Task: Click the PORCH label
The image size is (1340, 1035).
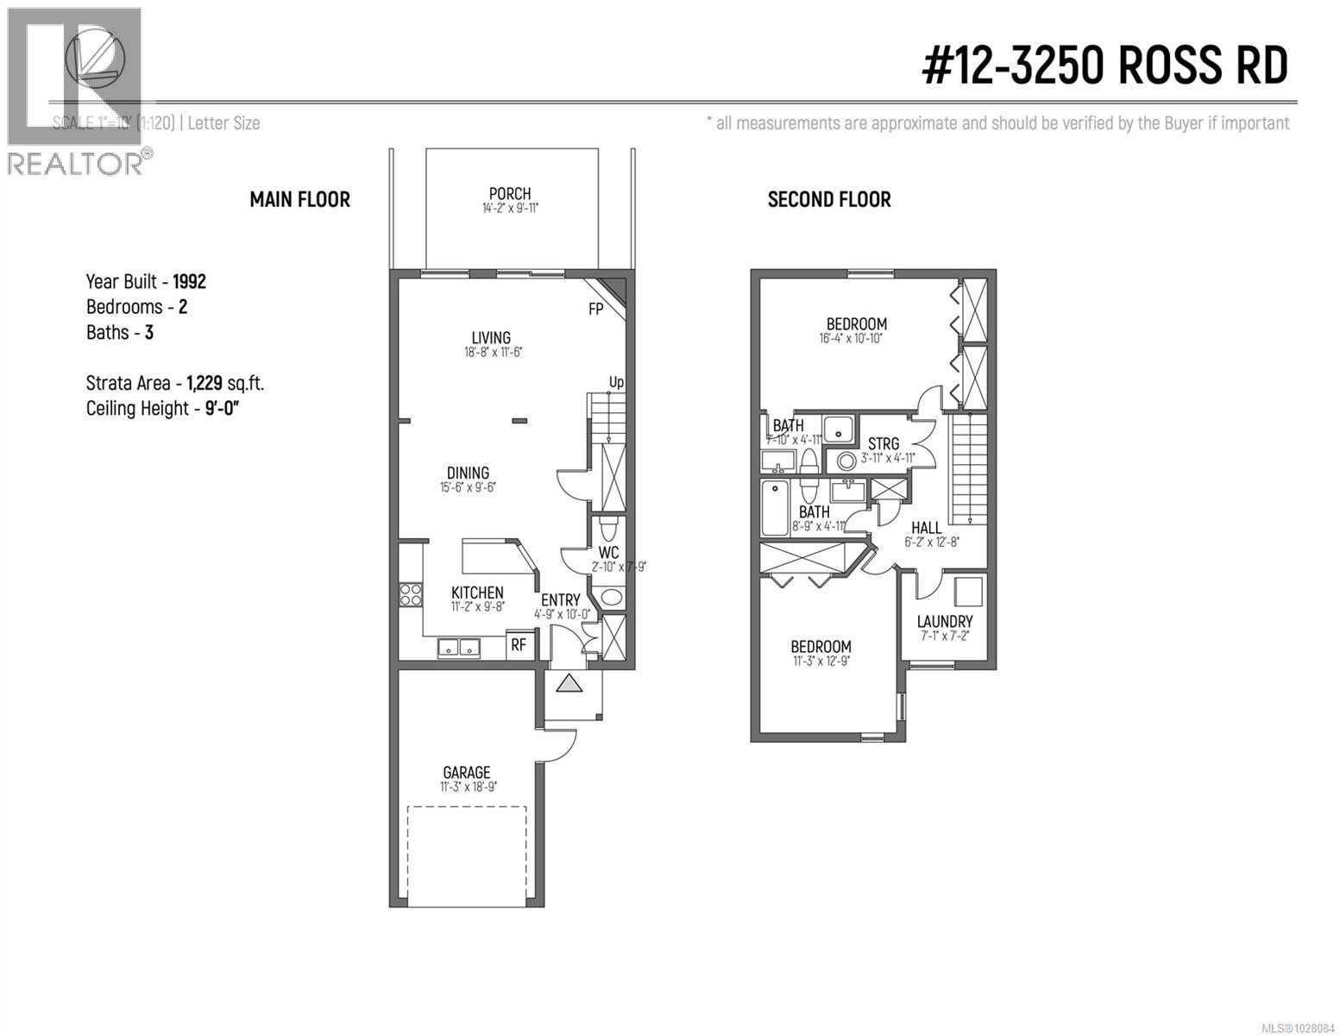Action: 510,194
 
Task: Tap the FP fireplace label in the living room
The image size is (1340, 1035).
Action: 595,309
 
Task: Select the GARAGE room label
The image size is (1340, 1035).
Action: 467,773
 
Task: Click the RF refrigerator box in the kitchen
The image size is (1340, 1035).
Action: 519,644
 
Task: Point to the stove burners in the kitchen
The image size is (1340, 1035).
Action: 410,594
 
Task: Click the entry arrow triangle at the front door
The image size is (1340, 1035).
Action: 569,684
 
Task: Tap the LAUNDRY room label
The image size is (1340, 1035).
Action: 945,621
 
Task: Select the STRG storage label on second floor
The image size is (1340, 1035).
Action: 884,444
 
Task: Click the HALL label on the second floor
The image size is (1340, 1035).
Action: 927,528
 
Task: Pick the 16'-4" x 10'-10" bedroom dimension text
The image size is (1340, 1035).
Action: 851,339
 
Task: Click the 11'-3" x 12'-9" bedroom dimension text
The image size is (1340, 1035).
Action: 821,662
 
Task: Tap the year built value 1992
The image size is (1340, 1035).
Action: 189,281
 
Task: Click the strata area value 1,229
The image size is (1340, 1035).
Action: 211,383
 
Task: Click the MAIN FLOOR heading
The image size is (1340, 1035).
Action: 299,199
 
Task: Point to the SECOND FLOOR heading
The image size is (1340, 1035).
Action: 828,199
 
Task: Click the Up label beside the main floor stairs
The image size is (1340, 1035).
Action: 616,382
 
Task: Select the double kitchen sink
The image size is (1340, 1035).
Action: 458,647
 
